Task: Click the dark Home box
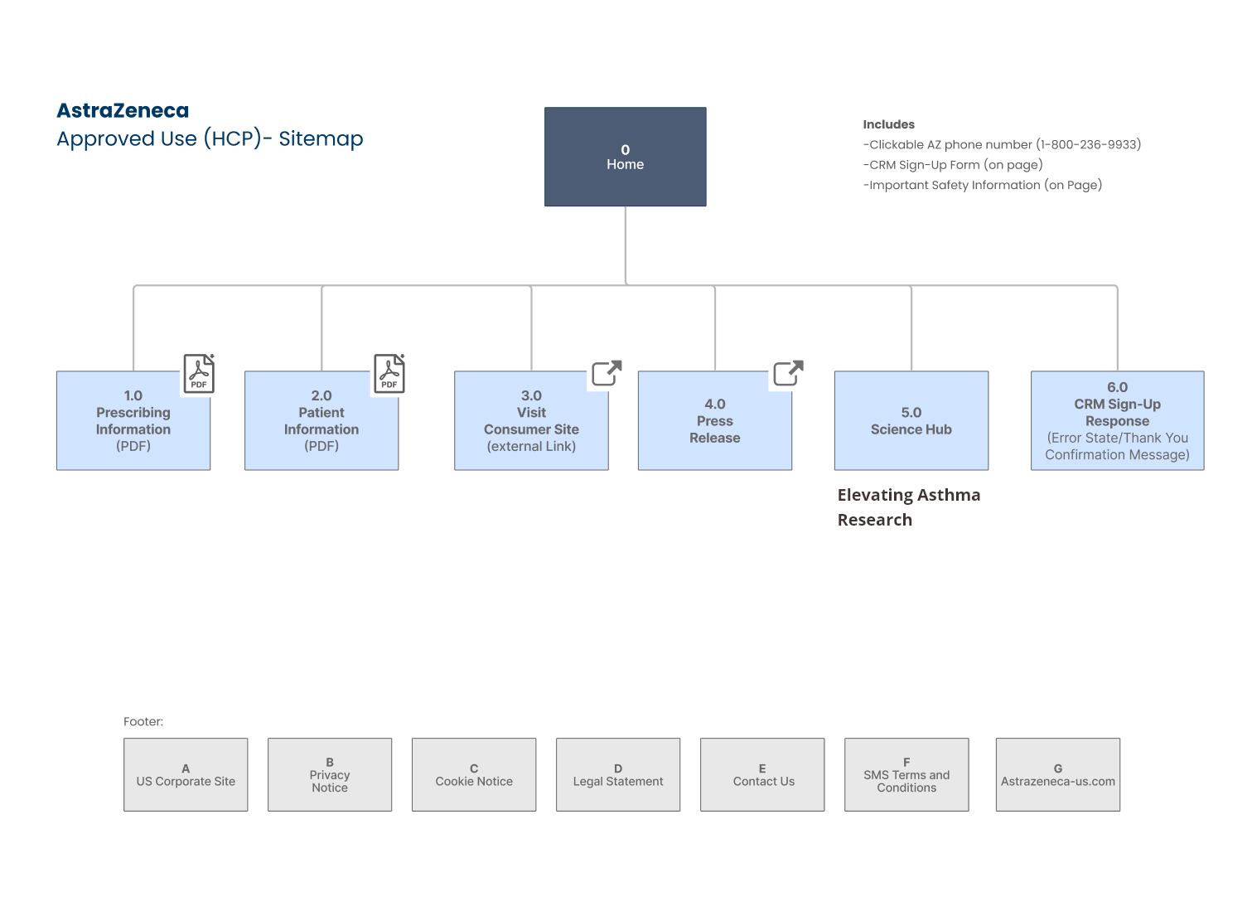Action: click(x=625, y=157)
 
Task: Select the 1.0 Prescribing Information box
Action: click(x=133, y=420)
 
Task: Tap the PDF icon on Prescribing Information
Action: click(x=199, y=374)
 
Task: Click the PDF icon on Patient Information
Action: click(x=389, y=374)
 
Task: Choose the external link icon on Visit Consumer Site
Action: click(x=607, y=373)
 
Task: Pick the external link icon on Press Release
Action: click(x=788, y=373)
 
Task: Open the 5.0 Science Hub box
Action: click(x=911, y=420)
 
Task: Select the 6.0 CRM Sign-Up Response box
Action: click(x=1117, y=420)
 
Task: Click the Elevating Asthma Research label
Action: click(x=909, y=507)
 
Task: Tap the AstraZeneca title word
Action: click(x=123, y=110)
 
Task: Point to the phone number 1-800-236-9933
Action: click(x=1088, y=144)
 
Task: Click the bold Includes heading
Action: click(x=889, y=124)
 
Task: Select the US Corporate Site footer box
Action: click(x=186, y=774)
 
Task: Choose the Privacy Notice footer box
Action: click(x=330, y=774)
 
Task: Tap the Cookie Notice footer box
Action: click(x=474, y=774)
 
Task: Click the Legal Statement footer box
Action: click(x=618, y=774)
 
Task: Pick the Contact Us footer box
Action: click(x=762, y=774)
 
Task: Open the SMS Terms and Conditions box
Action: click(x=906, y=774)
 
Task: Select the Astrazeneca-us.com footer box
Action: click(x=1058, y=774)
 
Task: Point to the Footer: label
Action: click(x=143, y=721)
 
